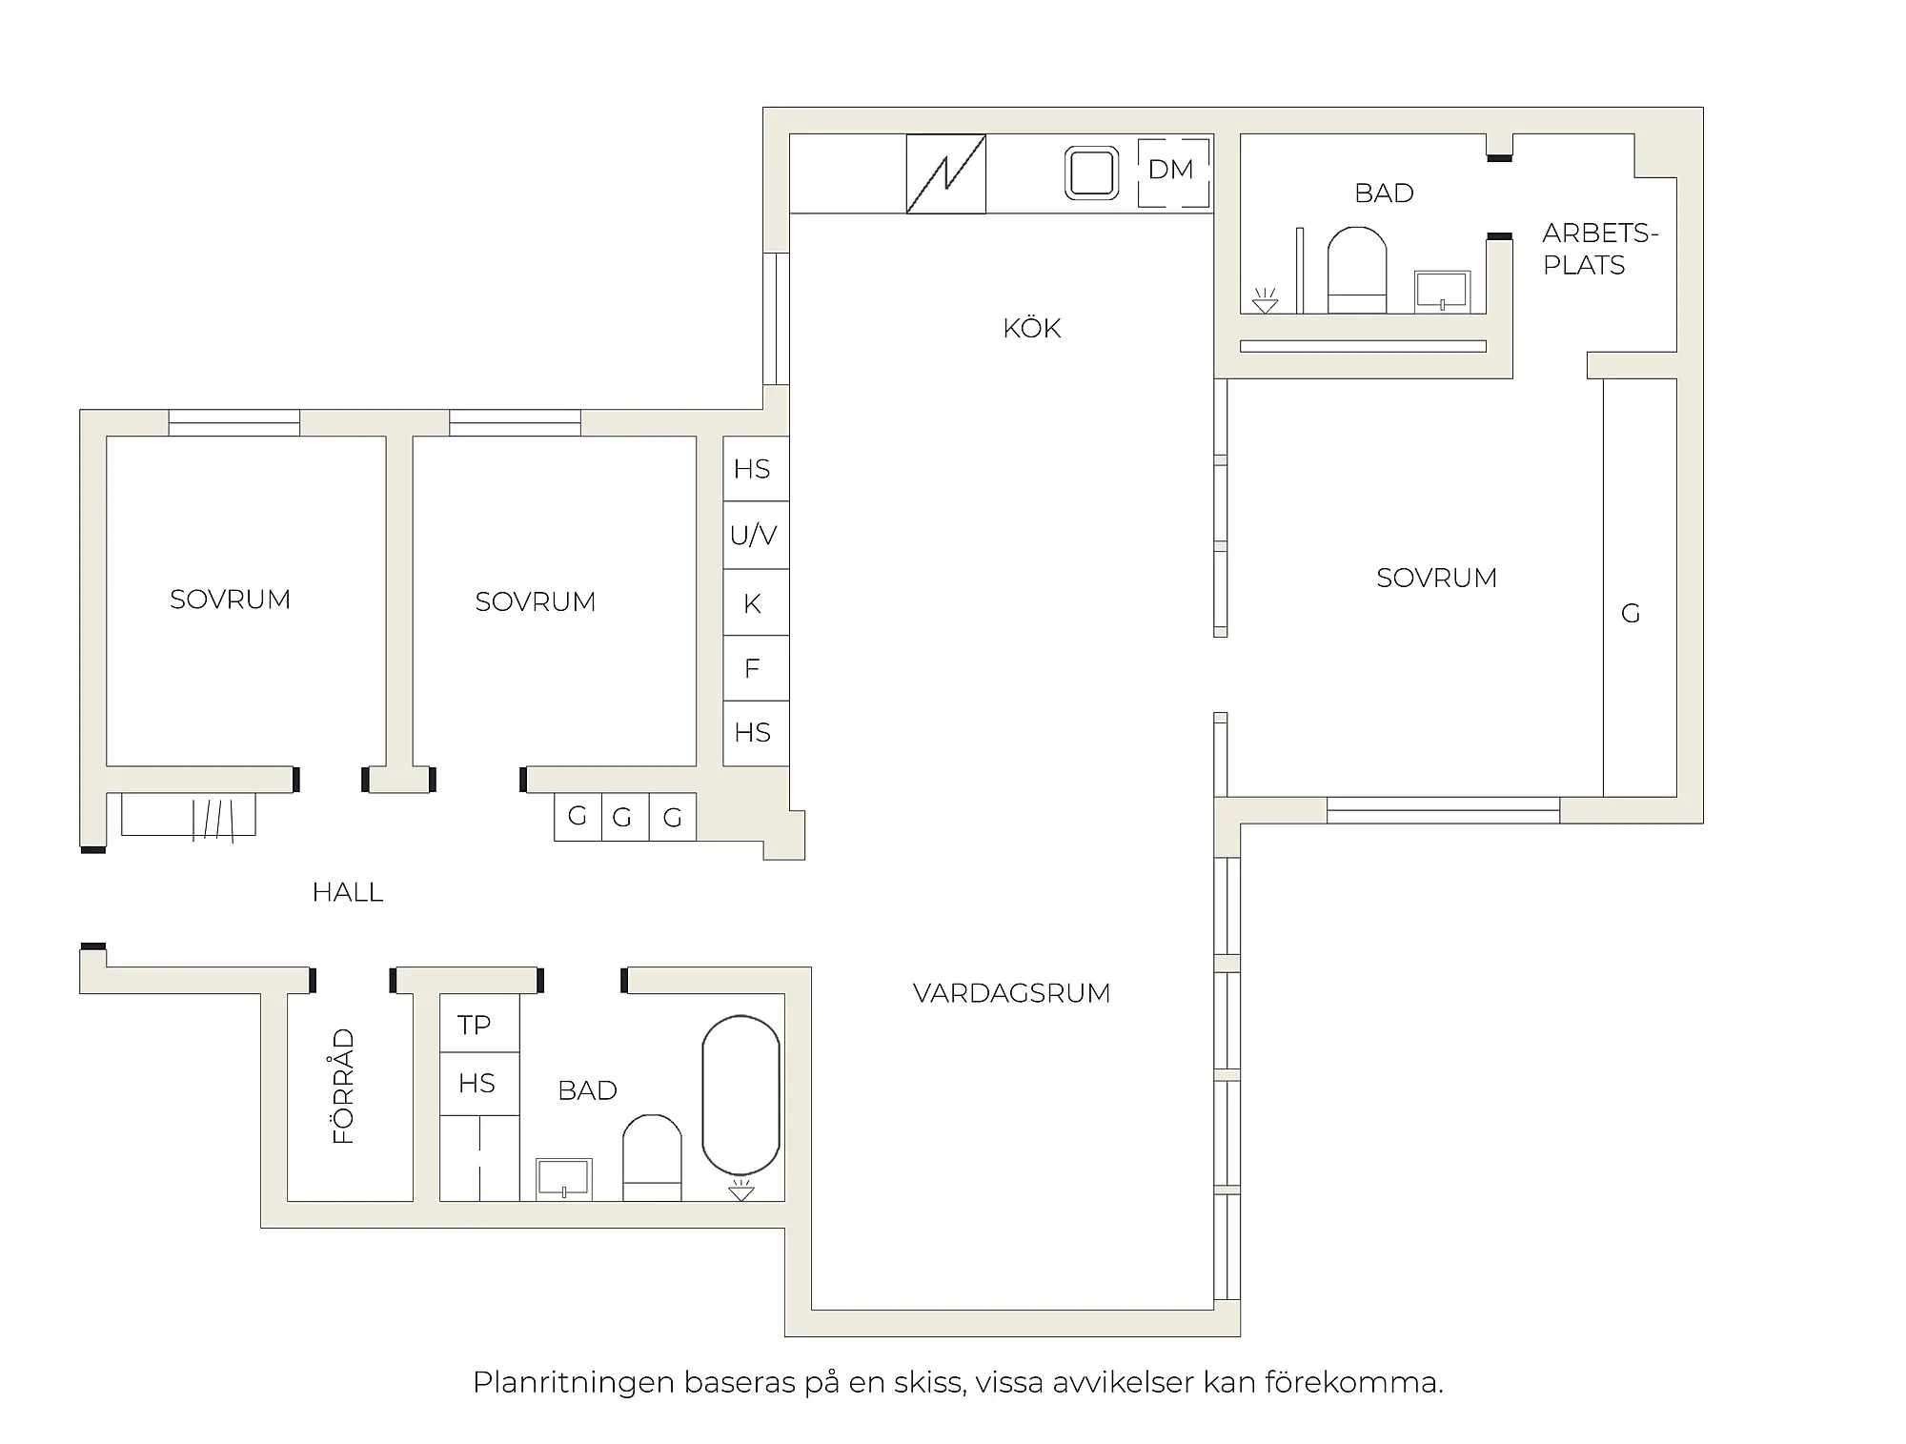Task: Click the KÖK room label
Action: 1031,329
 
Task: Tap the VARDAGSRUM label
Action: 1011,993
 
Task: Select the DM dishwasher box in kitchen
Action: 1173,172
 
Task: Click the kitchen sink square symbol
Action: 1091,173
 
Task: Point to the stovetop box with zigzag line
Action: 945,173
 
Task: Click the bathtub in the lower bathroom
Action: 740,1095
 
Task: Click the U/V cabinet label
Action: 754,536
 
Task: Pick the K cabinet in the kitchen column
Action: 754,603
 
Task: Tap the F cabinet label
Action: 753,669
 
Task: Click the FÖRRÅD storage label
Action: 343,1086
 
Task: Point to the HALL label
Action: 347,893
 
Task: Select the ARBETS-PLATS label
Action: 1598,249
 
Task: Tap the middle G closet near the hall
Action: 623,818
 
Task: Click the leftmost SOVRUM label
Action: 230,600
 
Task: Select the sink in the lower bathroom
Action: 563,1178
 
